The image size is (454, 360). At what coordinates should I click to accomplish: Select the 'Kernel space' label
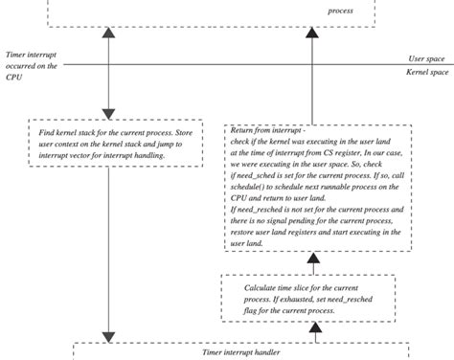[x=426, y=73]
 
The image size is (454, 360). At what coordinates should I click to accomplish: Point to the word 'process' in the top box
[x=340, y=11]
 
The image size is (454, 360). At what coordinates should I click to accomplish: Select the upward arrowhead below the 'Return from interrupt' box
[x=312, y=259]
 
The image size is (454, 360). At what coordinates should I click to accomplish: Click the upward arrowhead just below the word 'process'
[x=312, y=34]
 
